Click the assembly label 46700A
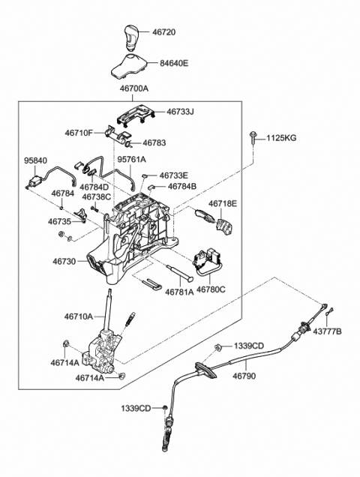tap(134, 88)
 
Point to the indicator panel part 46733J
tap(136, 116)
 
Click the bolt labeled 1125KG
tap(253, 139)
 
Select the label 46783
tap(154, 142)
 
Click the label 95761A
tap(132, 159)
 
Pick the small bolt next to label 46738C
tap(94, 209)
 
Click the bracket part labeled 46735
tap(81, 214)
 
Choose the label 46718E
tap(223, 203)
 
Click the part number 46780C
tap(211, 289)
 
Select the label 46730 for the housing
tap(64, 261)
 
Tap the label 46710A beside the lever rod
tap(79, 316)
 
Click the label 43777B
tap(328, 331)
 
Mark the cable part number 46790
tap(244, 376)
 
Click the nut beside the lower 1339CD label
tap(164, 408)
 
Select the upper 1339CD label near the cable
tap(249, 346)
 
